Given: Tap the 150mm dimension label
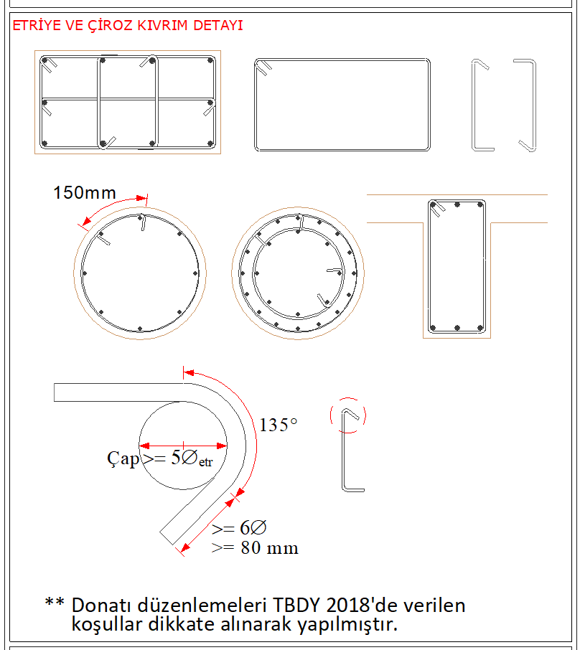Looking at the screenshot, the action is click(85, 193).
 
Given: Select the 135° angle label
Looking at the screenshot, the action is click(279, 425).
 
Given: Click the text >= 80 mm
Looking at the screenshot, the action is click(255, 548).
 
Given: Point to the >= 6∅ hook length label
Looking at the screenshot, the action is click(239, 528).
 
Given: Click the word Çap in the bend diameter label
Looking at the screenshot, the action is click(123, 459).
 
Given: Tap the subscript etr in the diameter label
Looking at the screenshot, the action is click(206, 462).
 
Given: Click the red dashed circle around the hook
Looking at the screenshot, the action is click(348, 398).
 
